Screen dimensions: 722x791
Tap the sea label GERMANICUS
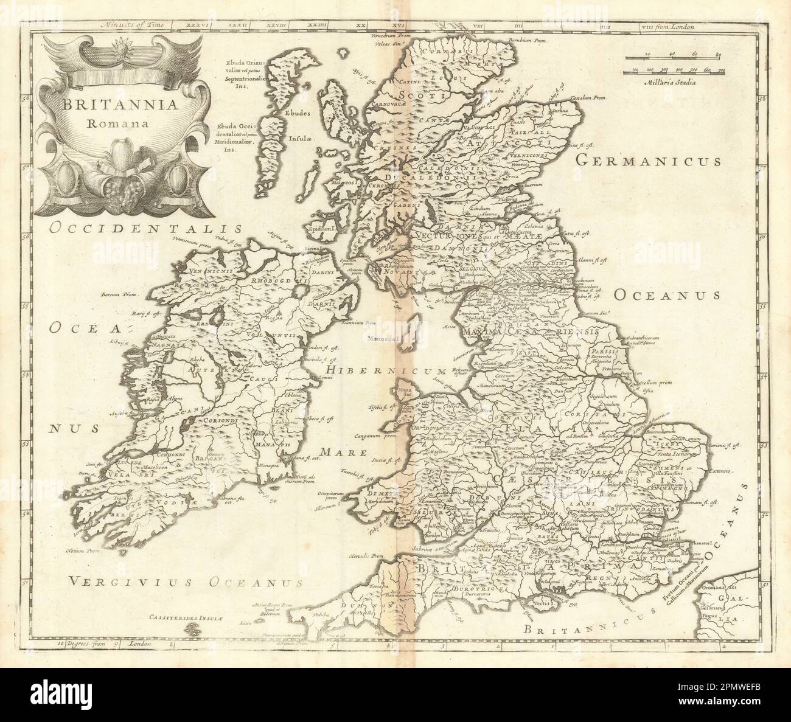648,161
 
